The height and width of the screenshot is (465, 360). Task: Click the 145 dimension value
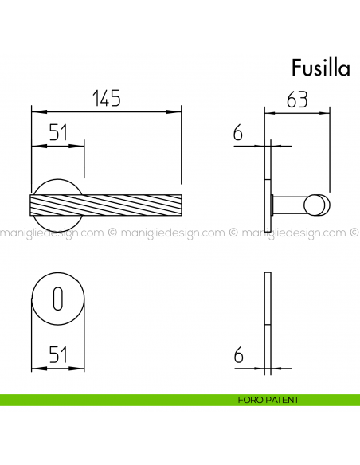point(106,99)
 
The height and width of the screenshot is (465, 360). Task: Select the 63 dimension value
point(297,100)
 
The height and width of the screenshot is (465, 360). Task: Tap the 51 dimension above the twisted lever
point(57,133)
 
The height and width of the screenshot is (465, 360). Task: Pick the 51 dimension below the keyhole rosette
point(57,356)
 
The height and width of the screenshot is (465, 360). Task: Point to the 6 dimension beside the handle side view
point(237,133)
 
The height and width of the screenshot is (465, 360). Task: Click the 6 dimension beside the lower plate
point(237,356)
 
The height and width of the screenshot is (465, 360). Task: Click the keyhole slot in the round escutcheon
point(57,299)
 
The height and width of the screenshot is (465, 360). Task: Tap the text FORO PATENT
point(268,400)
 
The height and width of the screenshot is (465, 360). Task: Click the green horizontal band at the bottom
point(119,400)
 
